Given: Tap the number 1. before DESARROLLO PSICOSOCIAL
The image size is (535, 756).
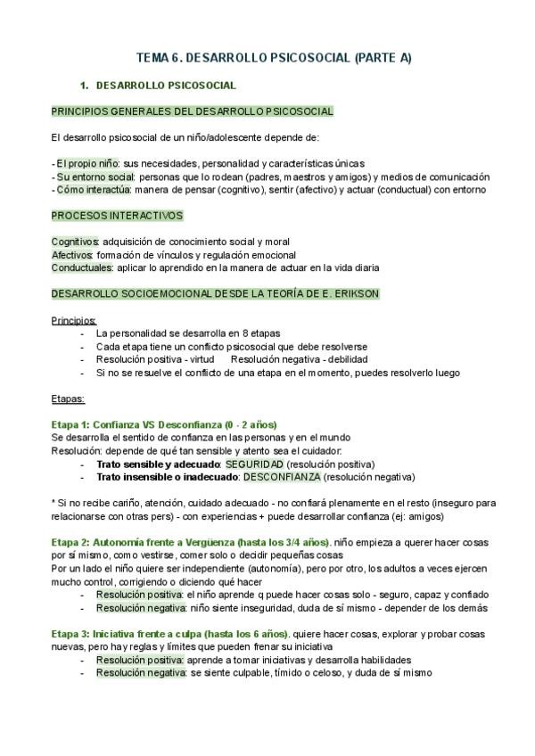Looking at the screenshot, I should [85, 86].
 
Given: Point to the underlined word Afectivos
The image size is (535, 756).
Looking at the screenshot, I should [72, 254].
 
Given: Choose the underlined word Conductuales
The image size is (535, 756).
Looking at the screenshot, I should [81, 267].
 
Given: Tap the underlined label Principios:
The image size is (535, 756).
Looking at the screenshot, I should [74, 319].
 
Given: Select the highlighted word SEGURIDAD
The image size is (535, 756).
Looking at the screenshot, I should [255, 464].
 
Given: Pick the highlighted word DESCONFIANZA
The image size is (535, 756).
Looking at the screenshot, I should [282, 477].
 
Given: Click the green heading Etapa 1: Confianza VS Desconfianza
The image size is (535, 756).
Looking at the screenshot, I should [164, 424].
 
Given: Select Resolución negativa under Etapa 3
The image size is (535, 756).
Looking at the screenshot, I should [141, 673].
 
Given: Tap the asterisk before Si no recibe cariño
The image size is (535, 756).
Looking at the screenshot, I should [54, 504].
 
